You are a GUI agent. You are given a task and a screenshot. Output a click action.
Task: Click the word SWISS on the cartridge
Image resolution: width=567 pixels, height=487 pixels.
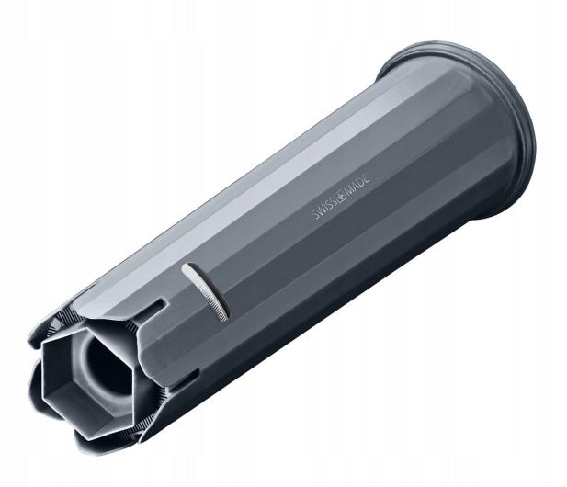[x=324, y=208]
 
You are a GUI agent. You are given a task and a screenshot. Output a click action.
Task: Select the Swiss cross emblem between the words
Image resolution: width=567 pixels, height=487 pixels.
[x=342, y=196]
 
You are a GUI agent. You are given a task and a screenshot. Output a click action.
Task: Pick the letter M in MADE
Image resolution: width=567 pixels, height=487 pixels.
[x=350, y=190]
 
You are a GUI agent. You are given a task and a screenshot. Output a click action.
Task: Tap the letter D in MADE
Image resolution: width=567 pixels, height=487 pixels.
[x=362, y=183]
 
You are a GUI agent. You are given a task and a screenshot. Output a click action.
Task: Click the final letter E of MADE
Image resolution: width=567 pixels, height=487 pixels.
[x=368, y=179]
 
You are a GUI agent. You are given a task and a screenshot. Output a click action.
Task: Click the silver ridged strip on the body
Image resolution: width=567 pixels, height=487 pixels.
[x=205, y=291]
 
